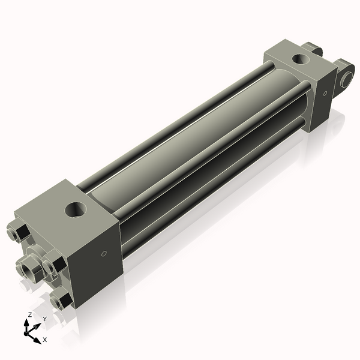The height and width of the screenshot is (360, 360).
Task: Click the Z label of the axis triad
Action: click(30, 314)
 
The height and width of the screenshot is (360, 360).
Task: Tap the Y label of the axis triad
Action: click(44, 319)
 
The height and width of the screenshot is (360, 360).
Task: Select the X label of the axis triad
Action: click(44, 340)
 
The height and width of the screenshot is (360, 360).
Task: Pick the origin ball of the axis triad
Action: click(28, 332)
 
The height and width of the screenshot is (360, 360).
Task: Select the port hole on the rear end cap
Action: click(298, 59)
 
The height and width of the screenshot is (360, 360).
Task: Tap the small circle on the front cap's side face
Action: click(104, 253)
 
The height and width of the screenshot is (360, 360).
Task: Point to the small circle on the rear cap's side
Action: click(325, 94)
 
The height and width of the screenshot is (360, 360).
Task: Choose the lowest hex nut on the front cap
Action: click(60, 299)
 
